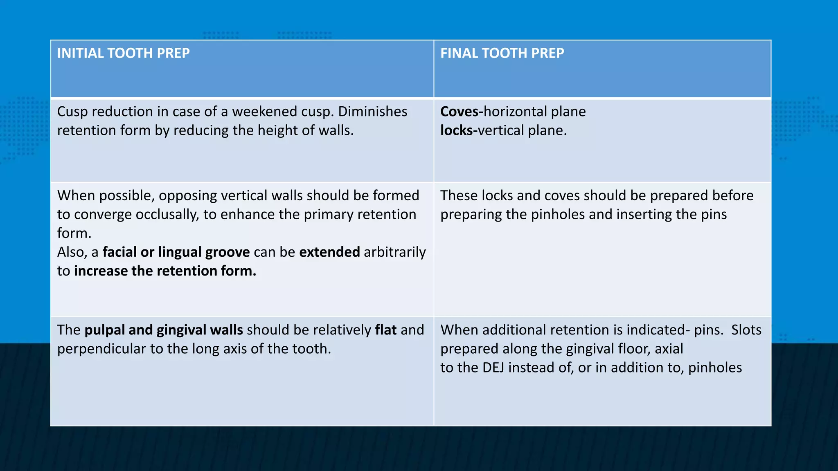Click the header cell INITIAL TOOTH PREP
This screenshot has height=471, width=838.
click(123, 53)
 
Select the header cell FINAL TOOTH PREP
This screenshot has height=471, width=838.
click(502, 53)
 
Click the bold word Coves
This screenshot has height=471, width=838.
click(459, 112)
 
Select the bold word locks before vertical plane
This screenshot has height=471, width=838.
click(456, 130)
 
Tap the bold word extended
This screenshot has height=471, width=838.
click(329, 252)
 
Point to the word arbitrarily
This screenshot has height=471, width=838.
click(394, 252)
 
